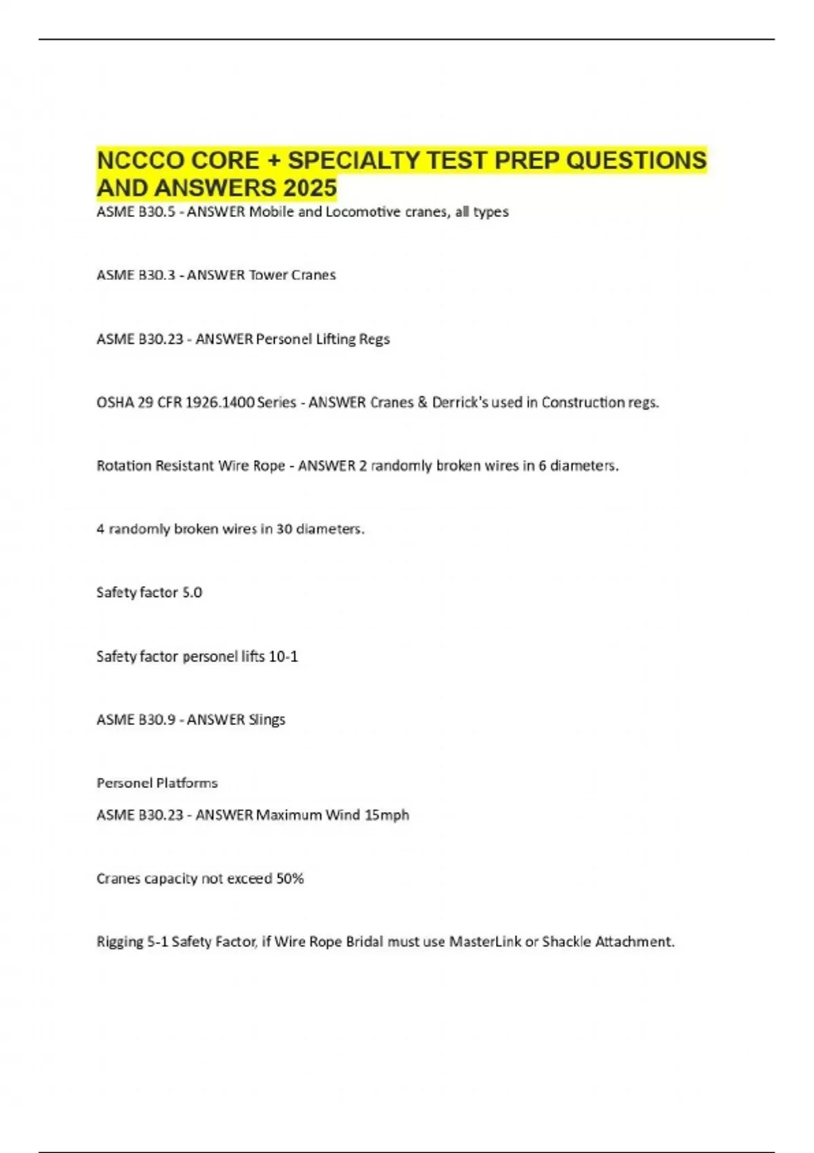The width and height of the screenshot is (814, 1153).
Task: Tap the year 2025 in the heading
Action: pyautogui.click(x=311, y=188)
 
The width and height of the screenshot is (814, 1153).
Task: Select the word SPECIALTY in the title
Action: pyautogui.click(x=354, y=161)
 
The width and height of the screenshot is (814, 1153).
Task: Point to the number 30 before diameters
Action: pyautogui.click(x=284, y=529)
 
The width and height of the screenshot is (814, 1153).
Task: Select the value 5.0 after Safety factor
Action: pyautogui.click(x=192, y=593)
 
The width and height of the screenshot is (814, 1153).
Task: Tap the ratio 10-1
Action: pyautogui.click(x=284, y=657)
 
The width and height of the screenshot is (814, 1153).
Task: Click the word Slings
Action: pyautogui.click(x=267, y=720)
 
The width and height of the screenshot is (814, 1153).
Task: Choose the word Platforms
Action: pyautogui.click(x=187, y=783)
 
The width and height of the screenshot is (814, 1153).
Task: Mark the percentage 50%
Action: pyautogui.click(x=290, y=879)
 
